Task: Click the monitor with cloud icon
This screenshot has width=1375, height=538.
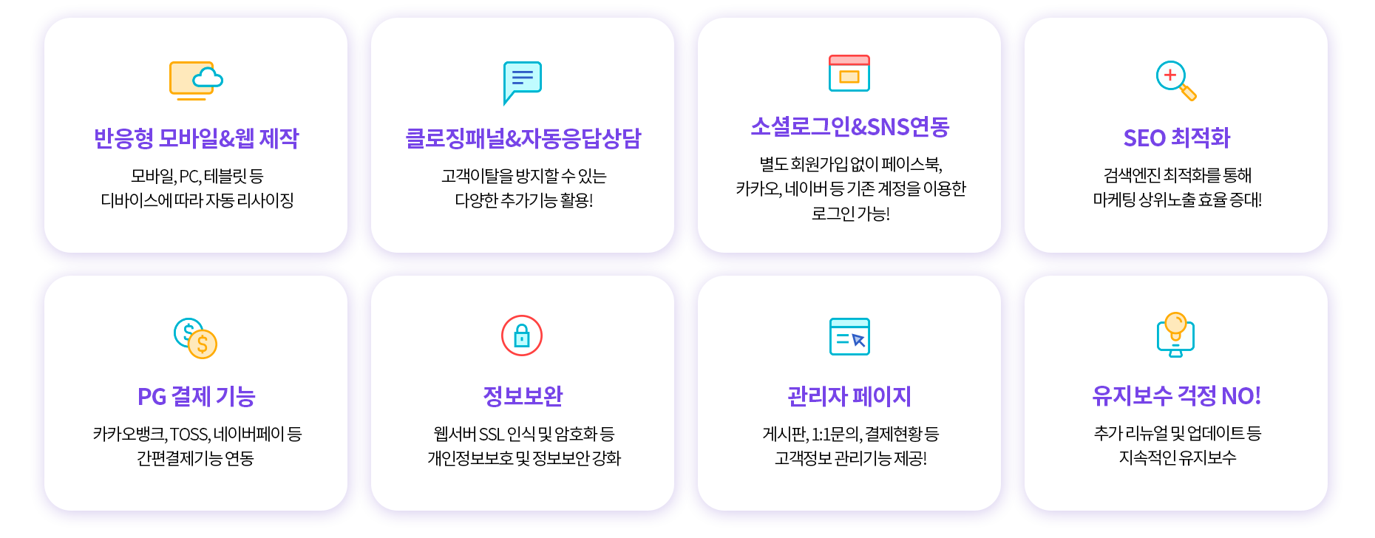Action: pyautogui.click(x=196, y=81)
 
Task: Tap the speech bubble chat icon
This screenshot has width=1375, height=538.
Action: pyautogui.click(x=522, y=82)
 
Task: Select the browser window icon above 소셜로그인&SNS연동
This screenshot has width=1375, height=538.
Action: pyautogui.click(x=849, y=73)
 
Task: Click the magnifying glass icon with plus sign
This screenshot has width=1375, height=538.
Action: pyautogui.click(x=1176, y=81)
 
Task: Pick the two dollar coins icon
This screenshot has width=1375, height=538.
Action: pyautogui.click(x=195, y=338)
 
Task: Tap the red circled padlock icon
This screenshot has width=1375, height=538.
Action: pyautogui.click(x=522, y=336)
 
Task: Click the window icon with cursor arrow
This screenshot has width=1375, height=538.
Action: pyautogui.click(x=849, y=336)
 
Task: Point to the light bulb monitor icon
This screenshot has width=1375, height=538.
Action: pyautogui.click(x=1176, y=335)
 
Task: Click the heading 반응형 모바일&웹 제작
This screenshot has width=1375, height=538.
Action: pyautogui.click(x=196, y=138)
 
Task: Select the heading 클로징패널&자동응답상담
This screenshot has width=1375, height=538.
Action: pyautogui.click(x=523, y=138)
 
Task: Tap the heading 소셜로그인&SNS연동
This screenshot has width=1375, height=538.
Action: pyautogui.click(x=849, y=127)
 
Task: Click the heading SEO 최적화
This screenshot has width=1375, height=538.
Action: pyautogui.click(x=1176, y=138)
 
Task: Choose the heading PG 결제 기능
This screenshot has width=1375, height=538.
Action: pyautogui.click(x=196, y=397)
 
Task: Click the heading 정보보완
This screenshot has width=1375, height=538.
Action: pyautogui.click(x=523, y=396)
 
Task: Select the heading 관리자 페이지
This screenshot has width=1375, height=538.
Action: pyautogui.click(x=849, y=396)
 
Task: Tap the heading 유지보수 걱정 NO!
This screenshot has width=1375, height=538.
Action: pyautogui.click(x=1176, y=396)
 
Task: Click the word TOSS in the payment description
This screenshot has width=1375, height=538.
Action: pyautogui.click(x=189, y=435)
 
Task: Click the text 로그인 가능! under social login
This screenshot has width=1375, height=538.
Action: pyautogui.click(x=850, y=214)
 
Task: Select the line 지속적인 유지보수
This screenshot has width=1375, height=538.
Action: pyautogui.click(x=1177, y=457)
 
